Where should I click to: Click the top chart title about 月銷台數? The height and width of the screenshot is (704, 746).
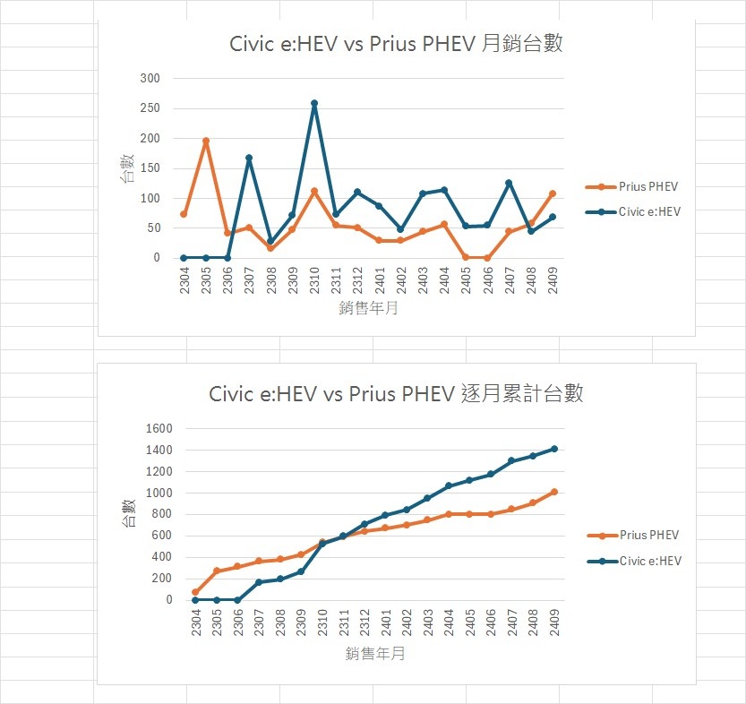pos(397,42)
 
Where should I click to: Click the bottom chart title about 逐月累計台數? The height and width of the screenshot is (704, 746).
pos(396,393)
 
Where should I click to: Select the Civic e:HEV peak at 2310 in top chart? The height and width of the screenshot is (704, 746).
pos(314,103)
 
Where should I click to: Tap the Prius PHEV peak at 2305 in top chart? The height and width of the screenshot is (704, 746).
pos(206,141)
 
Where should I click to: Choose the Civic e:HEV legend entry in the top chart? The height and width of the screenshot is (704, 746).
pos(649,212)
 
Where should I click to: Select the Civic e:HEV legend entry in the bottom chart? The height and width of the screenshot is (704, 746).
pos(649,561)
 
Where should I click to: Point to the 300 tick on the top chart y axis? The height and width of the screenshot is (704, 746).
pos(150,79)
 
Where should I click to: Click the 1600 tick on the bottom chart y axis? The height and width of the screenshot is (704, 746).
pos(156,428)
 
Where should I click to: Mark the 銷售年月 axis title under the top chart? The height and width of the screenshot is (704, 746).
pos(369,309)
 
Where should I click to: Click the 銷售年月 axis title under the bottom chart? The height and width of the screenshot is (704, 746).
pos(375,654)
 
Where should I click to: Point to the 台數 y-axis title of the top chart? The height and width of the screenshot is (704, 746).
pos(127,168)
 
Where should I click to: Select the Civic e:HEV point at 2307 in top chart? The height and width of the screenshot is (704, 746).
pos(249,158)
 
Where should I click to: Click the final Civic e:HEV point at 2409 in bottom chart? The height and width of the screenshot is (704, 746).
pos(554,449)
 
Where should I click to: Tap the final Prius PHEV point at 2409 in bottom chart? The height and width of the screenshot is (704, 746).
pos(554,492)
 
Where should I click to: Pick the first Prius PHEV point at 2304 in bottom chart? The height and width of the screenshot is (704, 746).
pos(194,592)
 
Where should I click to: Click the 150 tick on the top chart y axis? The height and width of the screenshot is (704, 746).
pos(150,168)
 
